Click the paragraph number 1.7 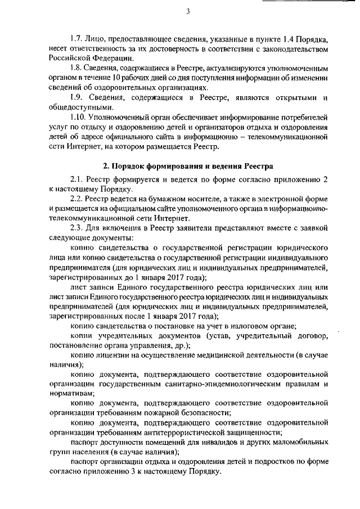pyautogui.click(x=77, y=41)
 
